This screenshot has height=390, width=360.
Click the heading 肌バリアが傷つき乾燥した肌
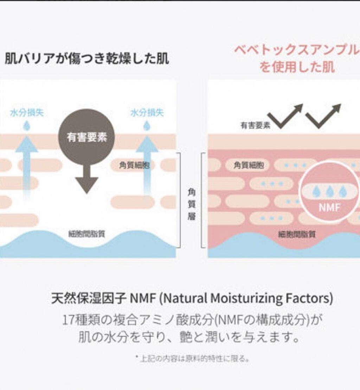pyautogui.click(x=86, y=59)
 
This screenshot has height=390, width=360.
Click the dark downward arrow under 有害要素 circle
pyautogui.click(x=86, y=179)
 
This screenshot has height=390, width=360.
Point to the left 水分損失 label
pyautogui.click(x=27, y=113)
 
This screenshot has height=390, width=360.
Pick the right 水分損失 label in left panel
pyautogui.click(x=147, y=113)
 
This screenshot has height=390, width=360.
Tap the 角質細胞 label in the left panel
pyautogui.click(x=132, y=165)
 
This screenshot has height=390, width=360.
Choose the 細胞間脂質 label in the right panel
pyautogui.click(x=296, y=234)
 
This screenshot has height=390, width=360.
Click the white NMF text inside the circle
pyautogui.click(x=329, y=207)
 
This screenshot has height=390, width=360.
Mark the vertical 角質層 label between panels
pyautogui.click(x=192, y=204)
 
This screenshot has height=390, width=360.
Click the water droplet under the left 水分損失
pyautogui.click(x=27, y=125)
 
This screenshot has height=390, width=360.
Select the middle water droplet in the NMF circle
pyautogui.click(x=329, y=191)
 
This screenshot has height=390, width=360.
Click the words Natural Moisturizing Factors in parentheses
pyautogui.click(x=247, y=299)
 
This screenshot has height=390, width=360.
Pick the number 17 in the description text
pyautogui.click(x=67, y=320)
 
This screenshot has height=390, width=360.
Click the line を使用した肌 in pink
pyautogui.click(x=297, y=66)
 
